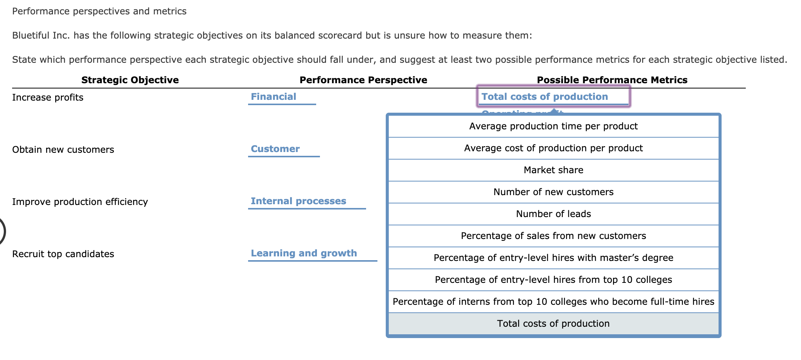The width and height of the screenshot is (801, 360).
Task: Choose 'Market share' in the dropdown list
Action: click(x=553, y=170)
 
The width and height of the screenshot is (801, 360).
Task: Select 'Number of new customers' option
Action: click(x=553, y=192)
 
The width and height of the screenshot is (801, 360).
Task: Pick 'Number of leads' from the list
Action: click(x=553, y=214)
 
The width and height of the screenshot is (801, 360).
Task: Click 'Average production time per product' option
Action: click(x=553, y=126)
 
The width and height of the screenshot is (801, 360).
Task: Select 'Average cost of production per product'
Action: click(x=553, y=148)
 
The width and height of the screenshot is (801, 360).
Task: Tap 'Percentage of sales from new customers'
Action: click(x=553, y=236)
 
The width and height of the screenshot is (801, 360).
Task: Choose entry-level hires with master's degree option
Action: click(x=553, y=258)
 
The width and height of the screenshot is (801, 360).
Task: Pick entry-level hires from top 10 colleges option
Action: click(x=553, y=280)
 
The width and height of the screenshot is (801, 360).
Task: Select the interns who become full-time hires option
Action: click(x=553, y=302)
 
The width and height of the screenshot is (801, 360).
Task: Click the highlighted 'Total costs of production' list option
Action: click(x=553, y=324)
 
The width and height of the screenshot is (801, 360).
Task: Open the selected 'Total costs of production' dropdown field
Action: click(x=553, y=97)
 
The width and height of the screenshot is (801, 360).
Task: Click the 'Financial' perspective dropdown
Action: click(x=282, y=97)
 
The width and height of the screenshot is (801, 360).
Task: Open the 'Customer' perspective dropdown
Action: click(x=284, y=149)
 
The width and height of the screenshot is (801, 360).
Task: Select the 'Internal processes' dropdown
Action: click(x=306, y=201)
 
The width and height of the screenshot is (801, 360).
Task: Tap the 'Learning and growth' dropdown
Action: click(x=312, y=253)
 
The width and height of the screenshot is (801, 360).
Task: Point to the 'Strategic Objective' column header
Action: click(x=130, y=80)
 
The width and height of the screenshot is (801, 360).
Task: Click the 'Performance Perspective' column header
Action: click(x=363, y=80)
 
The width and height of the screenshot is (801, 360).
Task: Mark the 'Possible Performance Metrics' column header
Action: click(x=612, y=80)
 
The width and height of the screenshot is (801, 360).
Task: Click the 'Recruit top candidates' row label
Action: click(x=63, y=254)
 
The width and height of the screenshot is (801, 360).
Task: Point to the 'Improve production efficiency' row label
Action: click(x=80, y=202)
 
